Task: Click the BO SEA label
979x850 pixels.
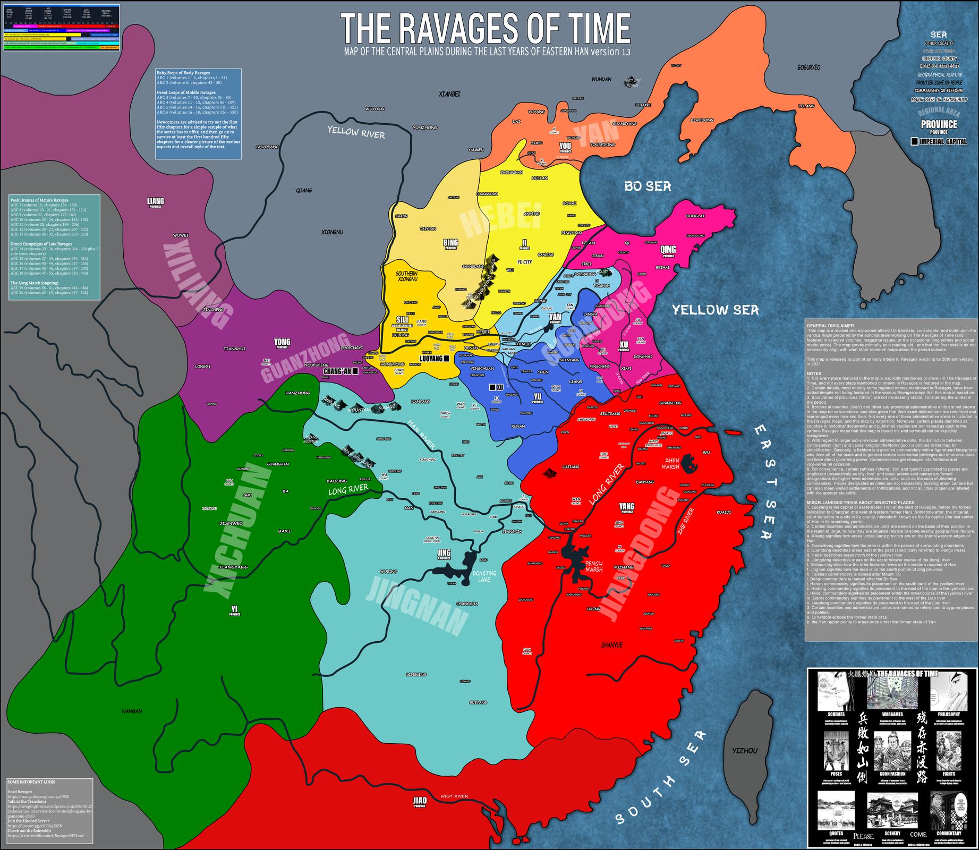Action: click(648, 186)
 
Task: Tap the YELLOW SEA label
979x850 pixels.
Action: click(716, 310)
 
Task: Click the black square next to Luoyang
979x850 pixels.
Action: click(447, 359)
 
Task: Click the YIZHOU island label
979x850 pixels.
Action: click(745, 751)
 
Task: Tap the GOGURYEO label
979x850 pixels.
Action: click(808, 68)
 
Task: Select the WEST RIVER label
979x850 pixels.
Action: click(454, 796)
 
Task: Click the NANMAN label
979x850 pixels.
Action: click(131, 711)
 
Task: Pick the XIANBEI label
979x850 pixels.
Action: click(449, 94)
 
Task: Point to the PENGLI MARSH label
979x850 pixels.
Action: click(593, 567)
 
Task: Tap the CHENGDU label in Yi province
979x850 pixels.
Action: click(210, 508)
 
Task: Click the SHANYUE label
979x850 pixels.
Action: click(611, 645)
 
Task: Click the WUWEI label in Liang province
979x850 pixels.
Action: click(181, 235)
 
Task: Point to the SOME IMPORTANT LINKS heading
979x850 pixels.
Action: click(31, 782)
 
